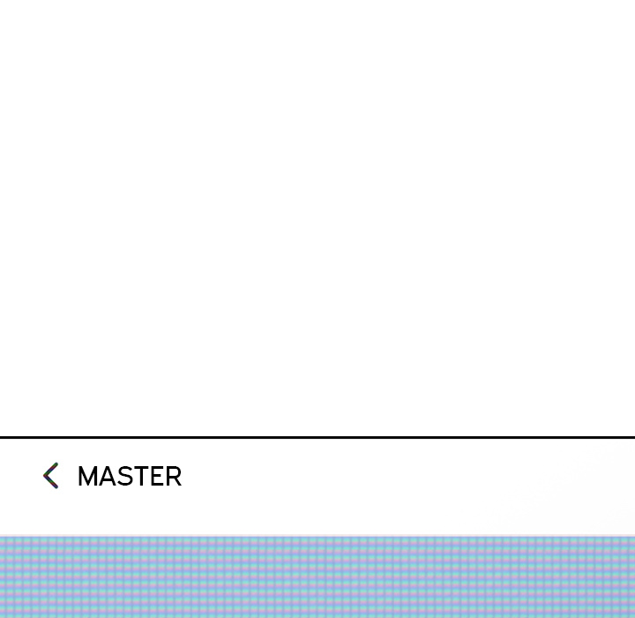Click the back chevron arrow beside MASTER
pos(50,476)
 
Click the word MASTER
pos(130,477)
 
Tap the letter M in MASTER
pos(88,477)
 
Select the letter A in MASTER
pos(108,477)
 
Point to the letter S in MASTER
pos(125,477)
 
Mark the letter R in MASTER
pos(173,477)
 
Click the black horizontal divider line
pos(317,437)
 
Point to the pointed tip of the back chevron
pos(44,476)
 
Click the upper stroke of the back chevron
pos(52,469)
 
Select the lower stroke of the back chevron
pos(52,483)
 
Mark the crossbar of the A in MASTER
pos(108,481)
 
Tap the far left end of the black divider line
pos(3,437)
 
